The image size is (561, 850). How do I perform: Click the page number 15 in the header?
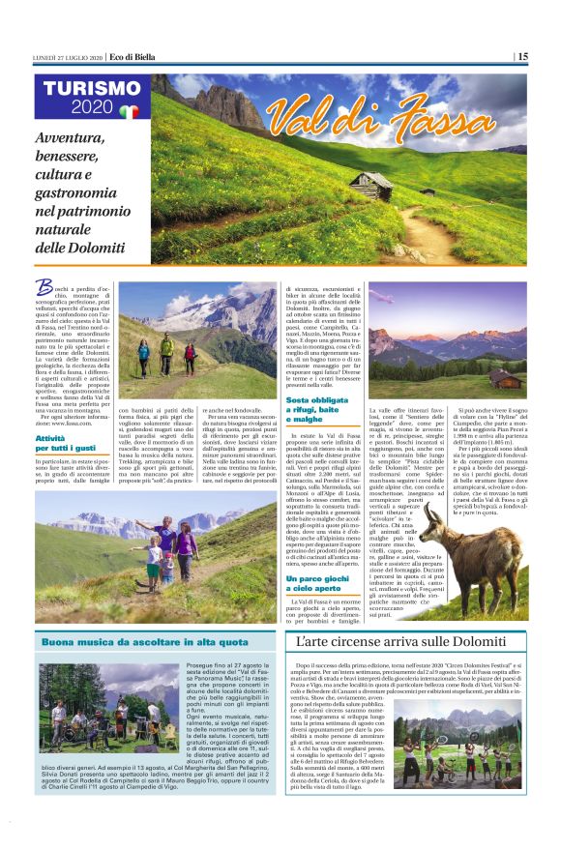click(521, 56)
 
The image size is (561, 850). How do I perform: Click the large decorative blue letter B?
click(44, 287)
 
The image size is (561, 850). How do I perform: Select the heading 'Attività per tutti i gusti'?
click(67, 443)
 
